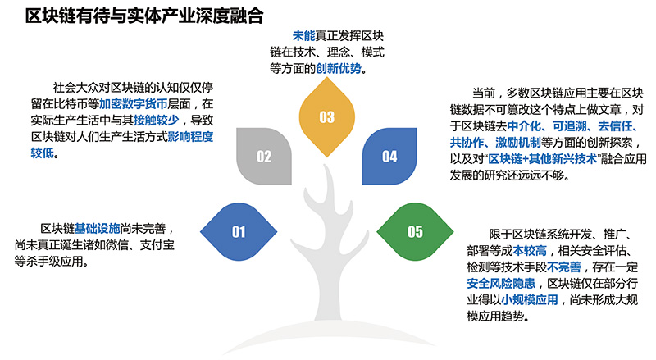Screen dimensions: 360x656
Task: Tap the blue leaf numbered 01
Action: [x=239, y=231]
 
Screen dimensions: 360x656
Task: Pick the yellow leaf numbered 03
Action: [x=327, y=117]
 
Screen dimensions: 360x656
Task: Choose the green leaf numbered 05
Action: [x=416, y=231]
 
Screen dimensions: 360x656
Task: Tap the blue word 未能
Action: [x=304, y=36]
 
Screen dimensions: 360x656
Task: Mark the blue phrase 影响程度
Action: [x=189, y=135]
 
